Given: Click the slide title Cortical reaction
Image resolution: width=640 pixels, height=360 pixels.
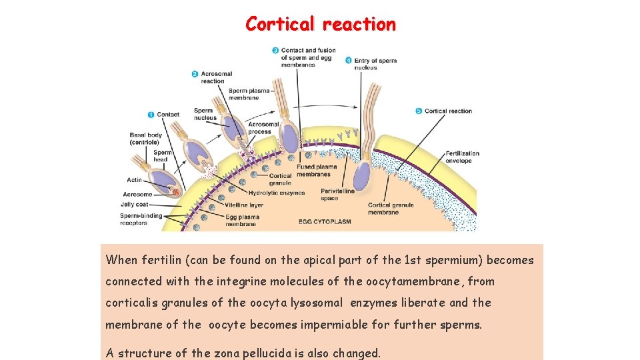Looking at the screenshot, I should click(320, 24).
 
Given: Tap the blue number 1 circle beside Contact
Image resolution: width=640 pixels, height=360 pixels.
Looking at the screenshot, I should click(151, 114).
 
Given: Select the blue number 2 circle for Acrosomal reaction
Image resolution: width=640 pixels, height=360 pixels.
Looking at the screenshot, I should click(195, 74).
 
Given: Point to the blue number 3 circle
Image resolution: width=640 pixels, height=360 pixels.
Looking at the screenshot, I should click(275, 51).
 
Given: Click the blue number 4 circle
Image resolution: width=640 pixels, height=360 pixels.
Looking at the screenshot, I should click(349, 61).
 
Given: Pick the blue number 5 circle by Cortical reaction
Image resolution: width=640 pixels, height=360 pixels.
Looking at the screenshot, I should click(418, 111).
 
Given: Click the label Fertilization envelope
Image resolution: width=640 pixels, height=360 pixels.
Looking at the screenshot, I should click(459, 157).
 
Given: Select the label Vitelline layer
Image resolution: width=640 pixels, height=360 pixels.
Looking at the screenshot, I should click(244, 205).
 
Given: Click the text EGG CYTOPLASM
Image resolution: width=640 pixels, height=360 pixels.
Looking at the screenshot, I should click(325, 221).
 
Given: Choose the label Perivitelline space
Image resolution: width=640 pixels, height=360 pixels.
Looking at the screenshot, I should click(338, 195).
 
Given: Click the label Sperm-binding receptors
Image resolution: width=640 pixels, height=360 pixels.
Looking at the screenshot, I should click(140, 219).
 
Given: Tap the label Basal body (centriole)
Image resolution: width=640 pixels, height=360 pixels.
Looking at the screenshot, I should click(145, 139).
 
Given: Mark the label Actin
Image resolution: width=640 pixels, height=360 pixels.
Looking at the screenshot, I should click(134, 180).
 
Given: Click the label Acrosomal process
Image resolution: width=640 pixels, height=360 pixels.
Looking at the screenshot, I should click(263, 128).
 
